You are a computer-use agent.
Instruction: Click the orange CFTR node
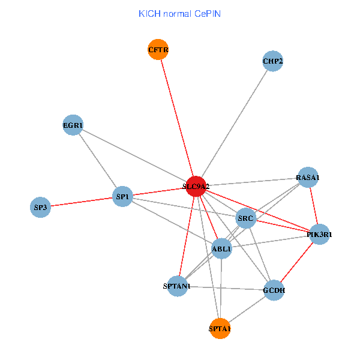click(x=158, y=49)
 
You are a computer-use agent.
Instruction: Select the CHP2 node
click(x=272, y=61)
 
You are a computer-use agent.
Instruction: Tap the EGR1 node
click(x=73, y=125)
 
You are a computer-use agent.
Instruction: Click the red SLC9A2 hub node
click(x=196, y=187)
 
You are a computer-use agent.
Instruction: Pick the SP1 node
click(x=122, y=196)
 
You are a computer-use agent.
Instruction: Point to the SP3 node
click(x=40, y=208)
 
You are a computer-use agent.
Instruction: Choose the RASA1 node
click(x=308, y=178)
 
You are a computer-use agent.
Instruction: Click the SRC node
click(x=246, y=218)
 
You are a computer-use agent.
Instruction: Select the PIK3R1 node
click(x=319, y=234)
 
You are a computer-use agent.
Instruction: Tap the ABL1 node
click(x=222, y=248)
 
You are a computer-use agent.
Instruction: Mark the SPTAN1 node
click(x=176, y=286)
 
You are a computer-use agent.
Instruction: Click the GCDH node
click(x=274, y=290)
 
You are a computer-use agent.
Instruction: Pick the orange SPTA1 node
click(x=220, y=328)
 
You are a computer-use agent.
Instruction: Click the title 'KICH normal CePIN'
click(x=179, y=13)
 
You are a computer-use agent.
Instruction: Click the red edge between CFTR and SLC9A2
click(x=177, y=118)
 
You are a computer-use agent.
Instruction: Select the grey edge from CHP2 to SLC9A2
click(x=235, y=124)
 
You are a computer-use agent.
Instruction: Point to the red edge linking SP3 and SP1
click(x=81, y=202)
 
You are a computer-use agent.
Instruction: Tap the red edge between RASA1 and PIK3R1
click(x=313, y=206)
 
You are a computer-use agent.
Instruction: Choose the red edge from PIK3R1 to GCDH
click(x=296, y=262)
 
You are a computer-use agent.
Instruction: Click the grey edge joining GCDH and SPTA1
click(x=247, y=310)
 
